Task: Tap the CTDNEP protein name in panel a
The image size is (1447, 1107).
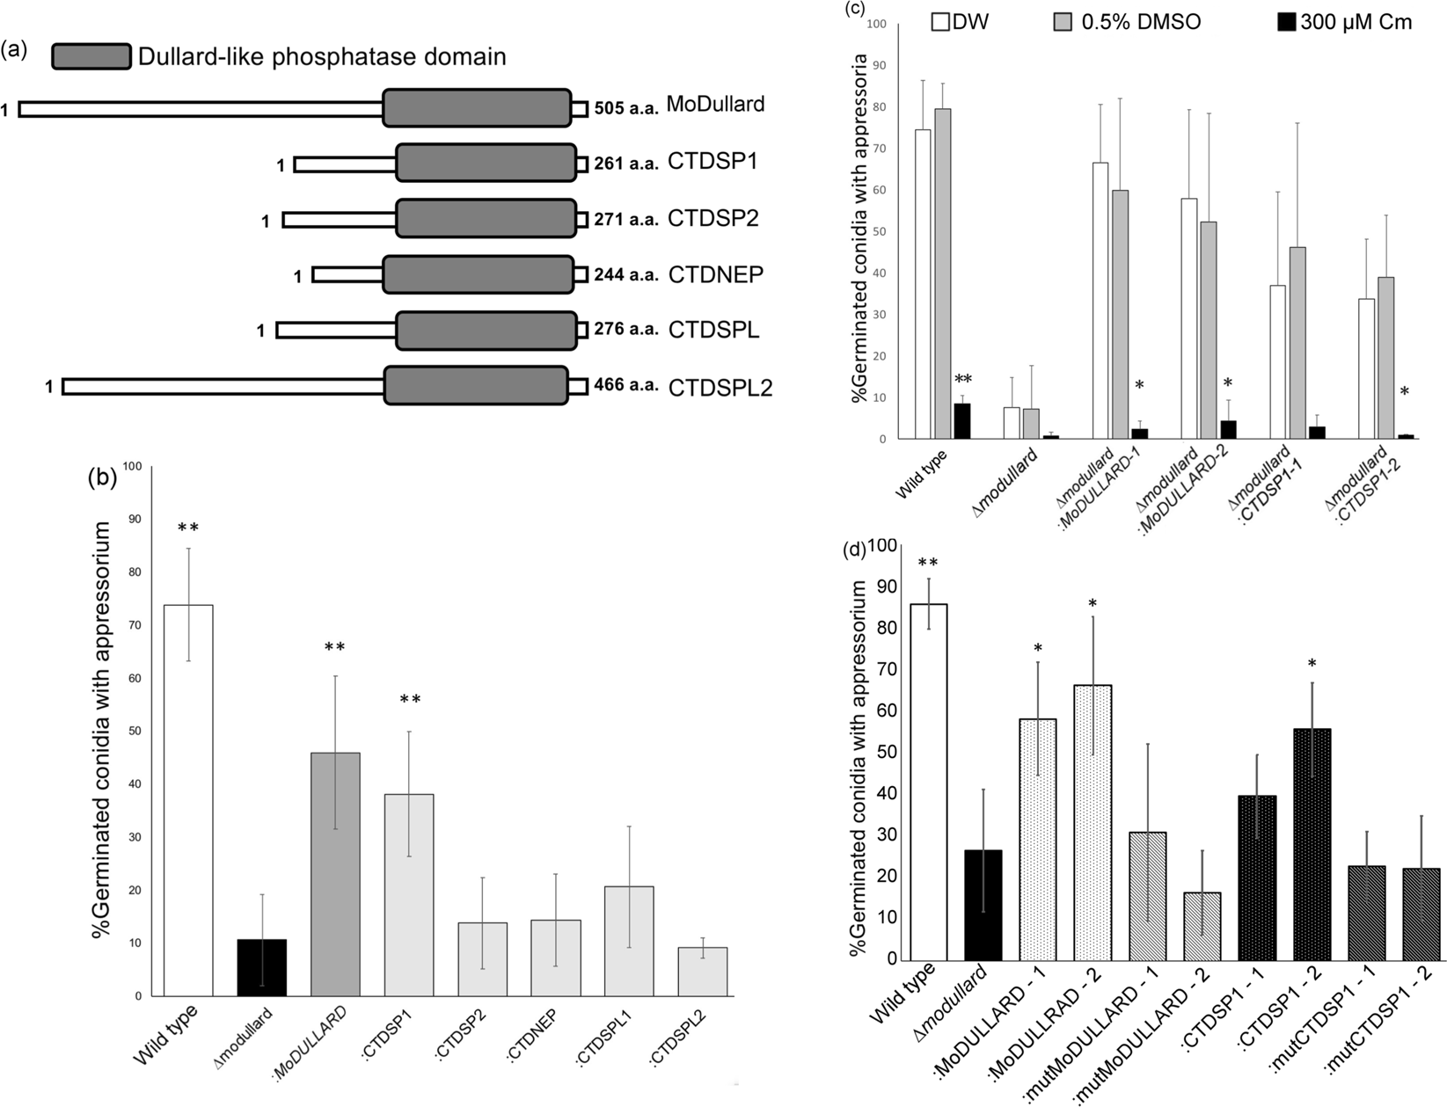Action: [715, 274]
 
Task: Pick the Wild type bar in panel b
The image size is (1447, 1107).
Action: [188, 800]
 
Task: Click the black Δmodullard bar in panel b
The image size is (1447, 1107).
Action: [262, 967]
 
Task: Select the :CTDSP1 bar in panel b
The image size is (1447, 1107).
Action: [409, 895]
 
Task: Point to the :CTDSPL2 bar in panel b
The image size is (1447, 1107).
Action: [703, 972]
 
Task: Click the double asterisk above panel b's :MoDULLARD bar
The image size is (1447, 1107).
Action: [335, 648]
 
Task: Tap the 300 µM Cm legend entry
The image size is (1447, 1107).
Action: [1344, 22]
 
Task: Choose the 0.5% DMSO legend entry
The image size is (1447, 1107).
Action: [1128, 22]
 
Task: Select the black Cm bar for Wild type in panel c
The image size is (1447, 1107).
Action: [962, 420]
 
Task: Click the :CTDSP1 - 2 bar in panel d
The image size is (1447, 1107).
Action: [1312, 844]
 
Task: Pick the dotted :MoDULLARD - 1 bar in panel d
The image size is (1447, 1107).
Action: [1038, 840]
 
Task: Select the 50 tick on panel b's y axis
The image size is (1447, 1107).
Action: [135, 732]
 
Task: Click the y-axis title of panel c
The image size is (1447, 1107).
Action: [859, 229]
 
